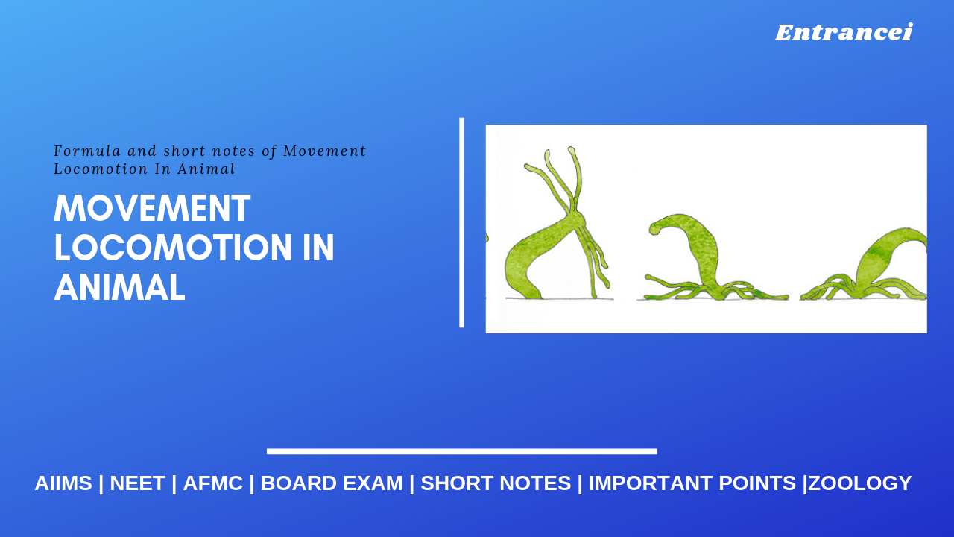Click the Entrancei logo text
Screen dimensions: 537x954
[x=844, y=33]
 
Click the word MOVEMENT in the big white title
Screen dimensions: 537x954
[x=152, y=209]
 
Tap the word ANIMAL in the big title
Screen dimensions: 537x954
[x=119, y=288]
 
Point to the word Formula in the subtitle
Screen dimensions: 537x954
[x=78, y=151]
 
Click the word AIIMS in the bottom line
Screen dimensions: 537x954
[x=63, y=483]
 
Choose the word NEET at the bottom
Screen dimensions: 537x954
[x=137, y=483]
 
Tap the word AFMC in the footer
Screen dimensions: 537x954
[x=213, y=483]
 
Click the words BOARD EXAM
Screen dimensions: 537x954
[x=332, y=483]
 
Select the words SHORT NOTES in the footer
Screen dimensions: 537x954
[x=496, y=483]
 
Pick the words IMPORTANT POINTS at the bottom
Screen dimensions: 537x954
[x=692, y=483]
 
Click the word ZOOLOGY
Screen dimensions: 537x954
[x=860, y=483]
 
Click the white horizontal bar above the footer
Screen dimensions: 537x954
[x=461, y=451]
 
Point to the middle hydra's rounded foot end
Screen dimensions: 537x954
[x=656, y=227]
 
